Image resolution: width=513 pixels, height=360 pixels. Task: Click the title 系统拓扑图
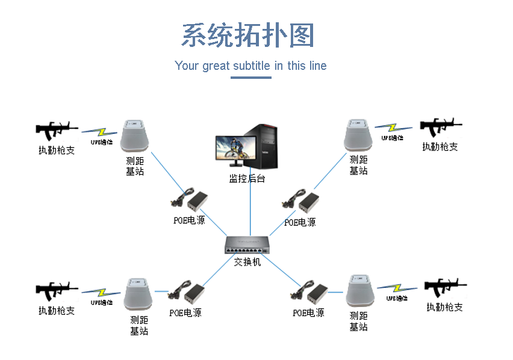click(248, 36)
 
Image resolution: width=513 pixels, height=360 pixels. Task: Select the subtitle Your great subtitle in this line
click(250, 66)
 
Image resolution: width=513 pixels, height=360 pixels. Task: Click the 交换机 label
click(247, 262)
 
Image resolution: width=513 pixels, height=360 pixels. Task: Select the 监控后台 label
click(247, 178)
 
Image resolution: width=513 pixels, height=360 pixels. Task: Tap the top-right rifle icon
click(440, 128)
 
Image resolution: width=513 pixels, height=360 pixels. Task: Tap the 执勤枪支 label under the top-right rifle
click(440, 146)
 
